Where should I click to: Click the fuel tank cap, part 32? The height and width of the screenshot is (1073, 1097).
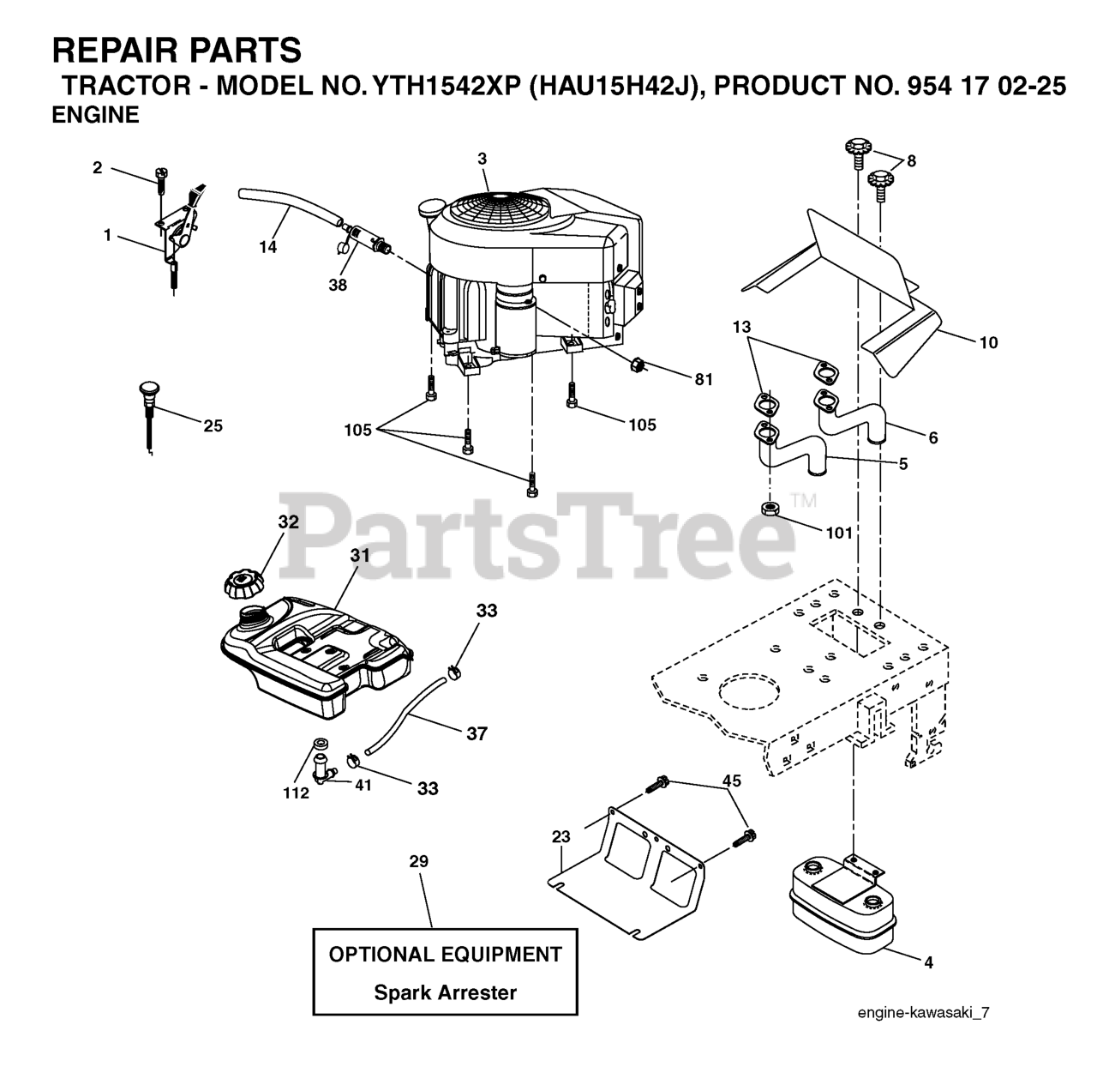tap(243, 586)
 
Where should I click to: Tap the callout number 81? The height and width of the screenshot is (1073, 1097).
tap(704, 380)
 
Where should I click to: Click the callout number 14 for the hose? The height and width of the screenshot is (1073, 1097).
tap(268, 247)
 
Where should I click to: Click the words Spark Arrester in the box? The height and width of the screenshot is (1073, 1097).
tap(445, 993)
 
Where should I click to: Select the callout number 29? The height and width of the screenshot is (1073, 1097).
tap(418, 861)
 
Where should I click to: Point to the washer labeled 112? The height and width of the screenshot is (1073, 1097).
tap(321, 742)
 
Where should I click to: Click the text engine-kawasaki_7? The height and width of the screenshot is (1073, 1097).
tap(923, 1013)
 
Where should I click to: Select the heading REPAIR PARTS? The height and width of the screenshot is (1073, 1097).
tap(177, 51)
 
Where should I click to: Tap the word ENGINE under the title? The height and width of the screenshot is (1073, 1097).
tap(95, 116)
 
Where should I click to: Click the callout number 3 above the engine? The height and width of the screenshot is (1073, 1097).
tap(483, 159)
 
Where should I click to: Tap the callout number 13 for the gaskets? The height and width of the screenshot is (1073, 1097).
tap(742, 327)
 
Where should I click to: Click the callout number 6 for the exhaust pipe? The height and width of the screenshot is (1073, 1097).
tap(932, 438)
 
